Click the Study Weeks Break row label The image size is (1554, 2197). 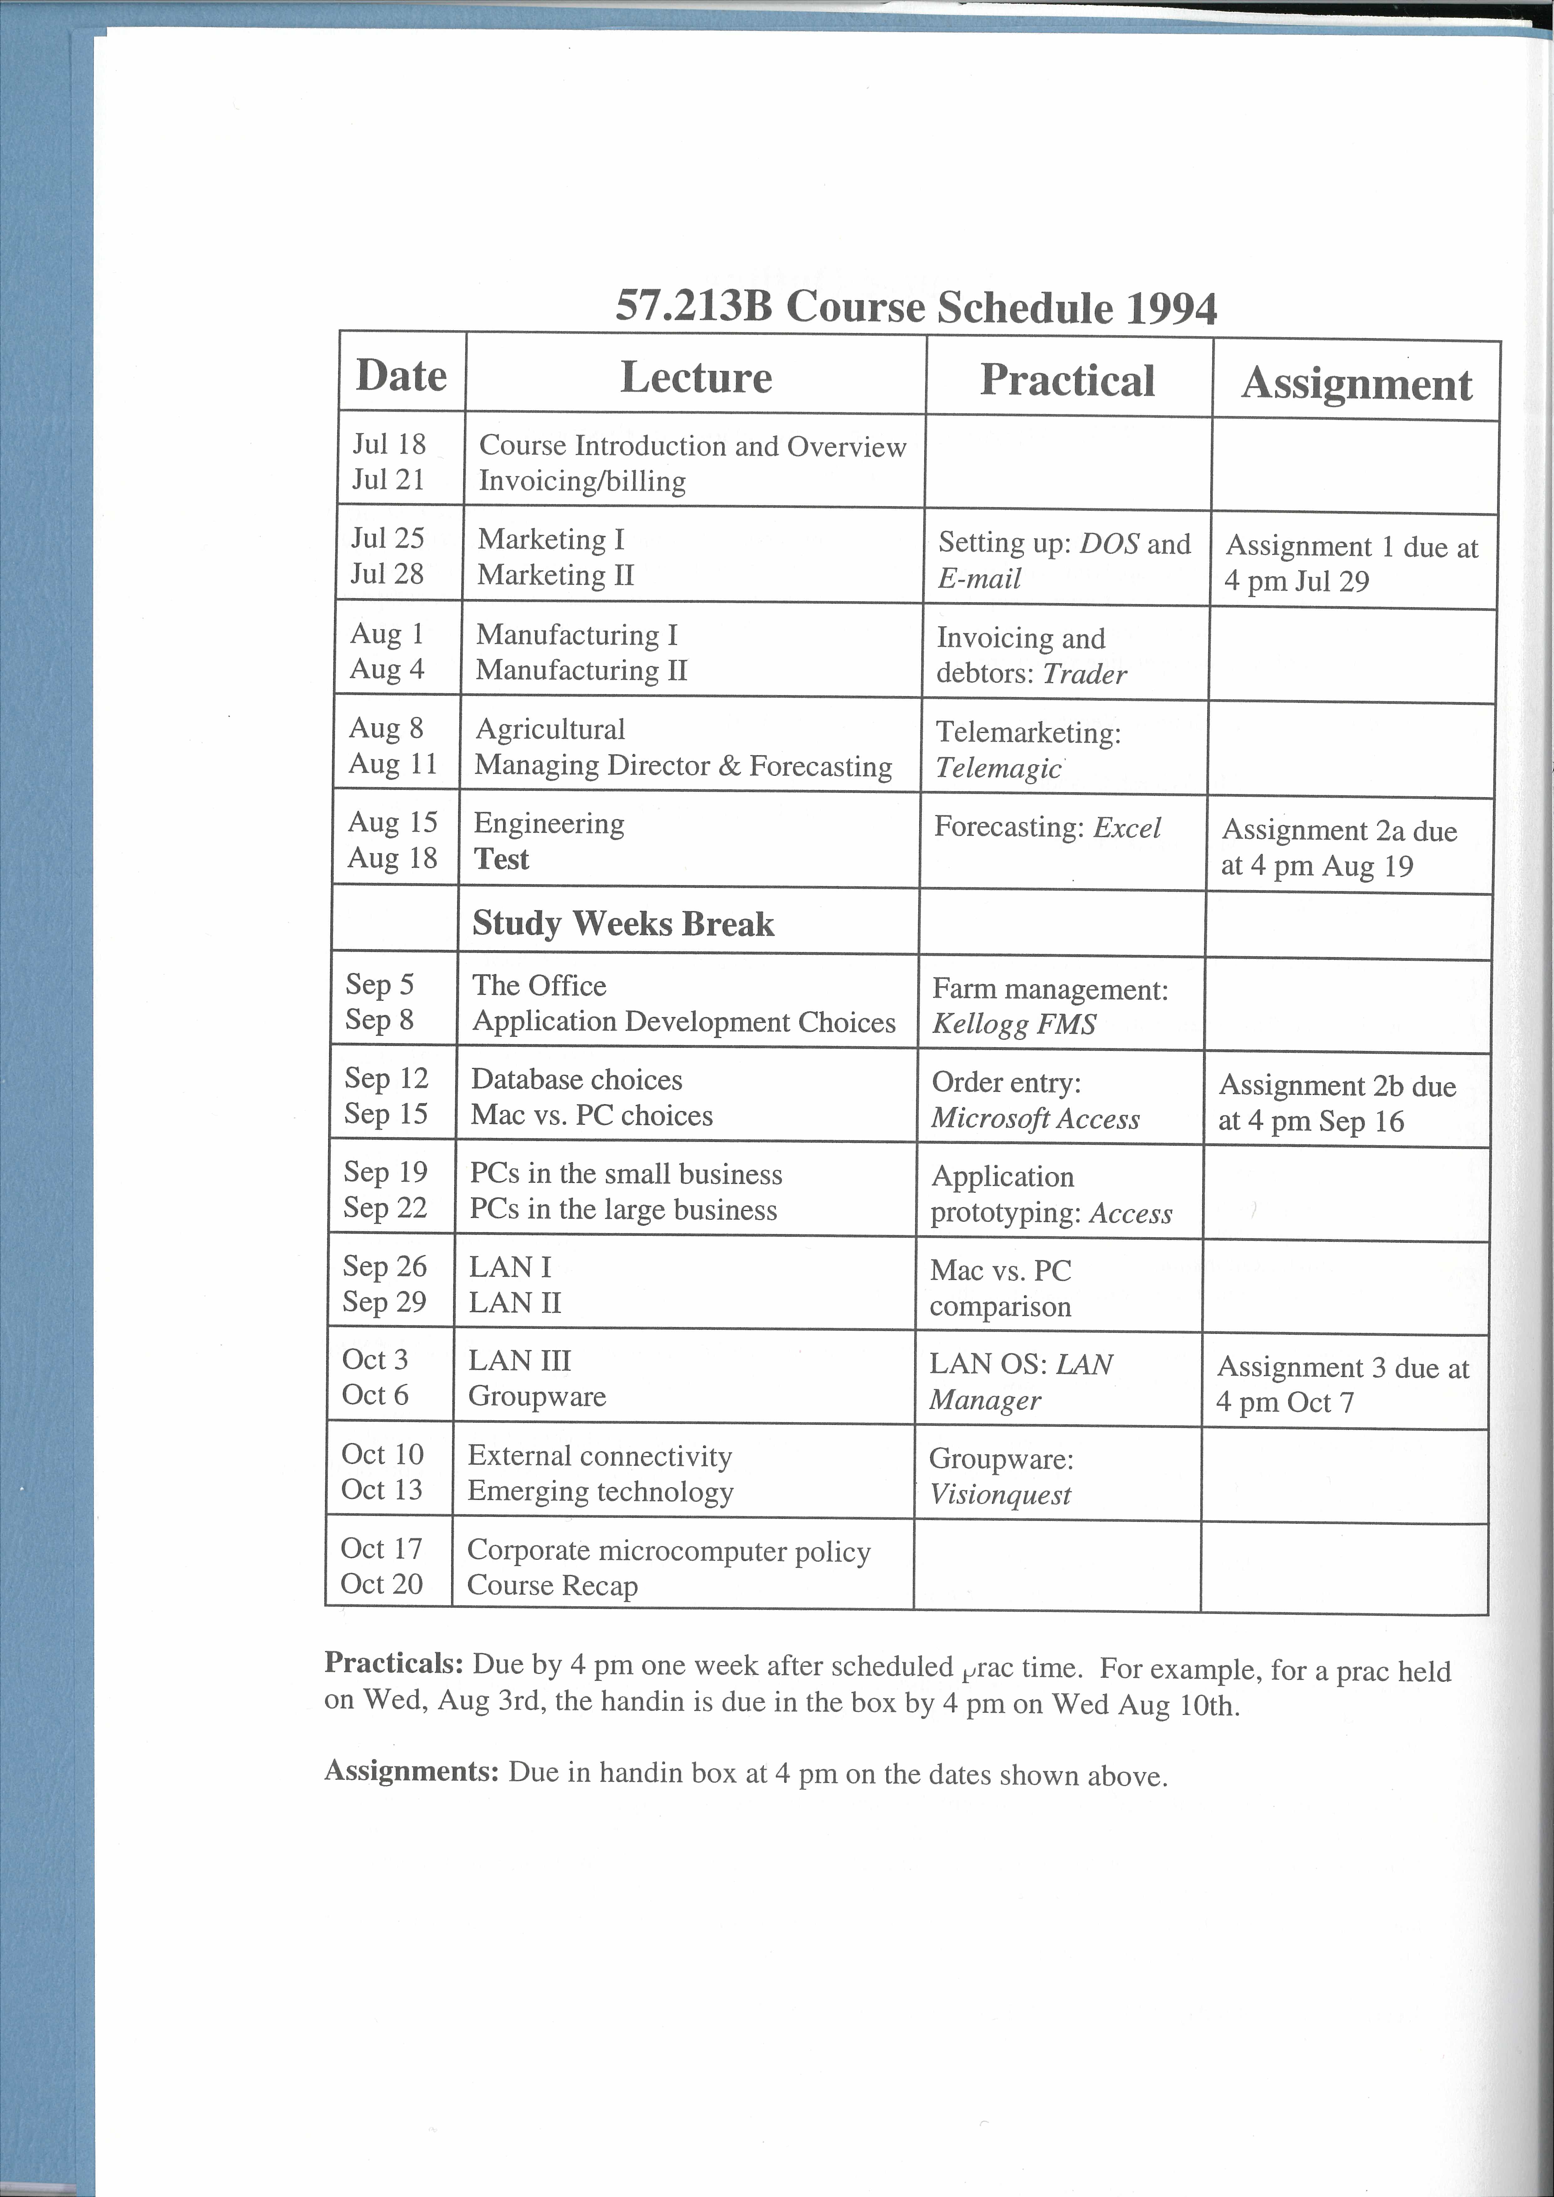pos(623,923)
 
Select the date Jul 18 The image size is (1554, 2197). pos(388,444)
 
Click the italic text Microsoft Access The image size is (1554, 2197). pos(1035,1119)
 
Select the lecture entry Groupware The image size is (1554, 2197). pos(537,1396)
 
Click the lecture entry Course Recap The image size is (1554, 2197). pos(552,1585)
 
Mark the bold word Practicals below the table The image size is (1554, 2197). pos(393,1663)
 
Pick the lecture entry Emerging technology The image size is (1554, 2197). pos(600,1492)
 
